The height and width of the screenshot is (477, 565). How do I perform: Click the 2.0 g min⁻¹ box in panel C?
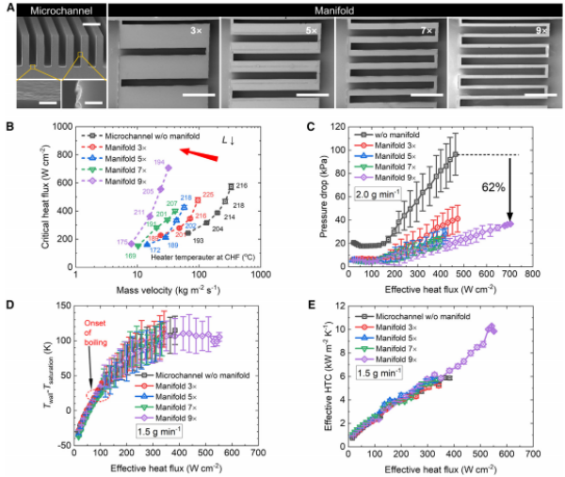390,222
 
